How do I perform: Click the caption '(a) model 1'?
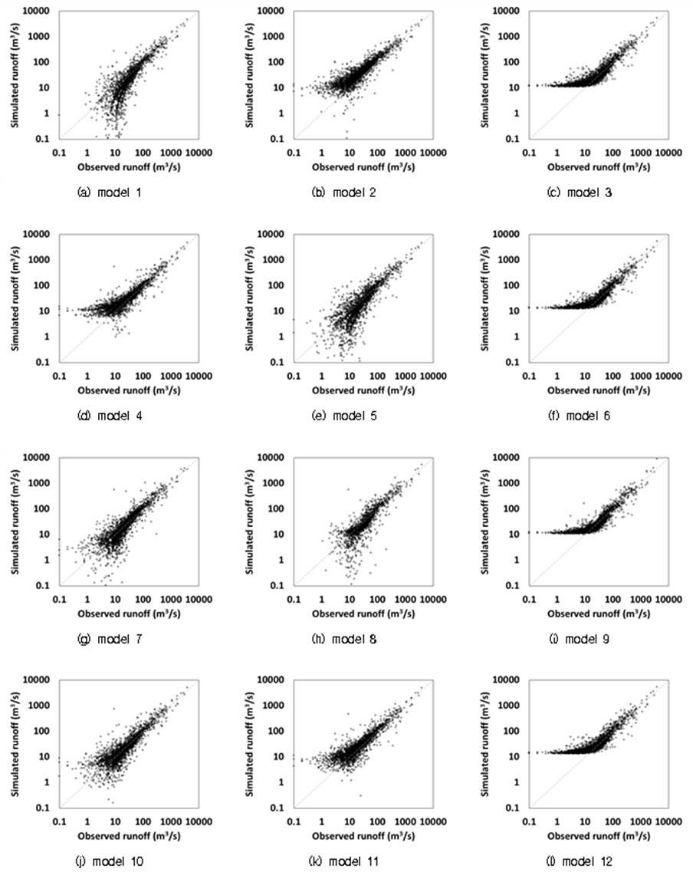click(x=110, y=192)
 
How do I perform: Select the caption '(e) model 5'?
click(x=344, y=416)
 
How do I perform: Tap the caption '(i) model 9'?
click(x=579, y=639)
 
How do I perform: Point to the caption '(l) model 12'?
click(x=579, y=861)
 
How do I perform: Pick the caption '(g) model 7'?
click(x=110, y=639)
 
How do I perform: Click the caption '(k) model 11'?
click(x=344, y=861)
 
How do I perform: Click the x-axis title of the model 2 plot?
click(x=363, y=167)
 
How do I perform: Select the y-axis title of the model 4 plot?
click(x=15, y=298)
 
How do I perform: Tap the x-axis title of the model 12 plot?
click(x=599, y=836)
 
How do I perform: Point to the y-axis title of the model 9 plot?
click(x=486, y=522)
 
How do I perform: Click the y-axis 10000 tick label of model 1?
click(x=36, y=11)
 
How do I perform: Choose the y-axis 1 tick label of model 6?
click(x=516, y=337)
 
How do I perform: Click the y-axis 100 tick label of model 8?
click(x=276, y=508)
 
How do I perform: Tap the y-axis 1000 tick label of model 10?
click(x=39, y=705)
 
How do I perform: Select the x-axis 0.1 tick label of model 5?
click(x=294, y=376)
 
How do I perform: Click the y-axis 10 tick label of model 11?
click(x=278, y=756)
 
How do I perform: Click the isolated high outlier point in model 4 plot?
click(x=114, y=266)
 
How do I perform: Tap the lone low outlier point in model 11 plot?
click(x=360, y=795)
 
